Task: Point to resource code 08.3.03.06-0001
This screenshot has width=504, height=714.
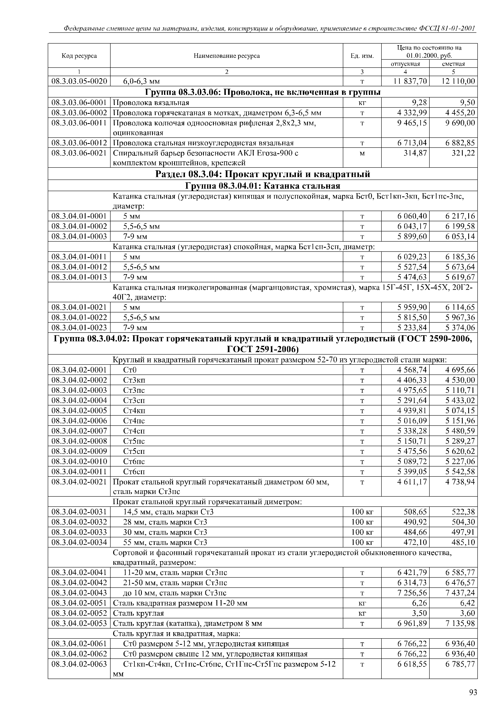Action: (79, 103)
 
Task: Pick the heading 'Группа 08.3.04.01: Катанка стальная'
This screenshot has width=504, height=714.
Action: (262, 186)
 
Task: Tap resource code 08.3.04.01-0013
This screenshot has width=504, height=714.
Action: (79, 277)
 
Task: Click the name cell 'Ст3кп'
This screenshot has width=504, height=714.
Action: (134, 380)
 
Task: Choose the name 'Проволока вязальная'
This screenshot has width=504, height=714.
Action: (151, 103)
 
